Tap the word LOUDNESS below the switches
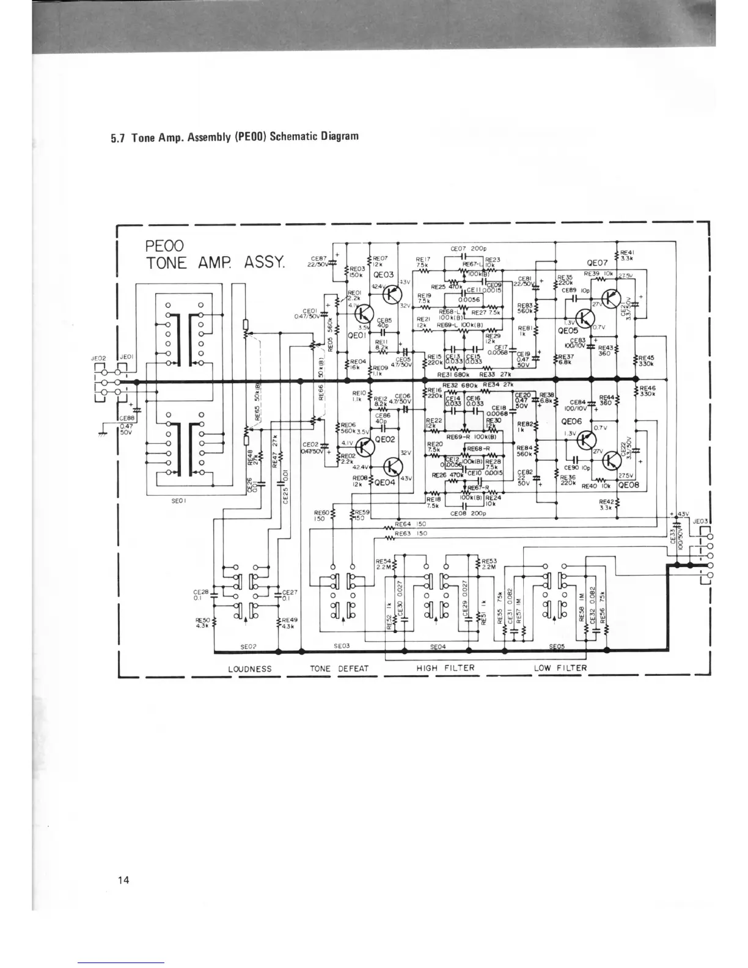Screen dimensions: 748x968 point(249,669)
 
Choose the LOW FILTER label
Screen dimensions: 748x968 point(560,668)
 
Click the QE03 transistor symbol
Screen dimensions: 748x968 point(391,295)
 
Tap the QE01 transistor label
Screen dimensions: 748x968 point(356,336)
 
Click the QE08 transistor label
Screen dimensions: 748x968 point(628,486)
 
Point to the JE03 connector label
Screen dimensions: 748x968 point(700,521)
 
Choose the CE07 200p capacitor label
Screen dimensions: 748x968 point(468,249)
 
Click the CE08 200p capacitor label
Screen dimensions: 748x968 point(468,514)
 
